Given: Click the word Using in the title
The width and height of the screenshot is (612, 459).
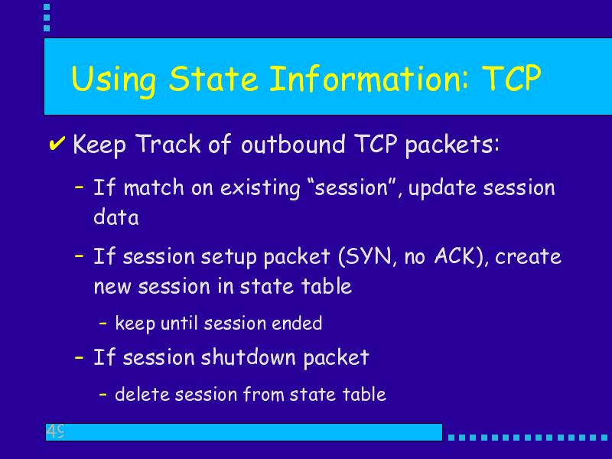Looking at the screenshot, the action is [x=113, y=80].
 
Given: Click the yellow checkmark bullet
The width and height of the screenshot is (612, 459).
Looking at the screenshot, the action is [x=57, y=143].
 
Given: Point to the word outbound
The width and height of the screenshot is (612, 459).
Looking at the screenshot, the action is [x=293, y=144].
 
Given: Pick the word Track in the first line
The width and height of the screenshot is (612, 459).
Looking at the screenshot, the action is [x=168, y=144].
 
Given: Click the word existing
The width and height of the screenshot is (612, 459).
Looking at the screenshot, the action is [x=260, y=187].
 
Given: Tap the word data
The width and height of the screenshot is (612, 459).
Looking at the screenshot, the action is [x=116, y=216].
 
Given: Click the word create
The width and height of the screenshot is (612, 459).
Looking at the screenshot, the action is [x=528, y=257].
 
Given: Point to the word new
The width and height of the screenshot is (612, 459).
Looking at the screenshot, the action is [x=112, y=287].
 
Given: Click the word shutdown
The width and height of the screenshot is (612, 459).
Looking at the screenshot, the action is [x=248, y=357].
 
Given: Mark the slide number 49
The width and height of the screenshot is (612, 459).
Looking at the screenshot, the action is [x=55, y=431].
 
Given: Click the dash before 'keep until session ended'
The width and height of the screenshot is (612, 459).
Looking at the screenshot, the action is [x=103, y=323].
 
